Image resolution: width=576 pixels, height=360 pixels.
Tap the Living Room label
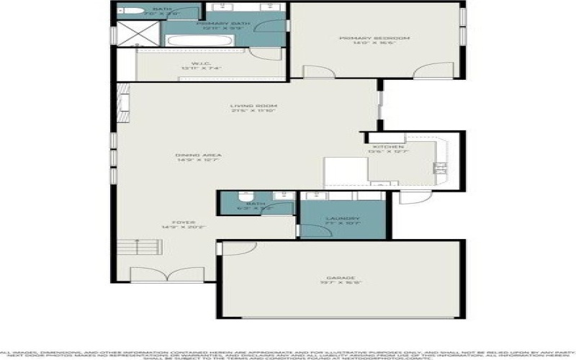pyautogui.click(x=245, y=109)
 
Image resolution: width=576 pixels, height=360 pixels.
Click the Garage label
pyautogui.click(x=342, y=280)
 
